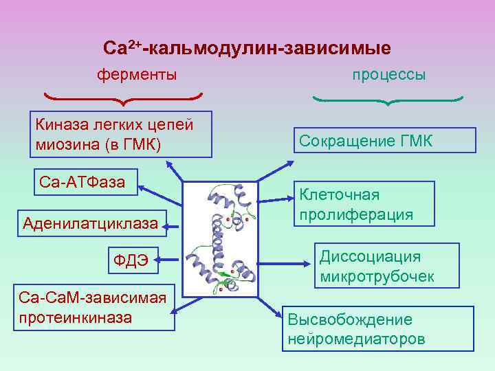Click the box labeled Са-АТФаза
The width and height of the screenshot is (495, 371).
82,183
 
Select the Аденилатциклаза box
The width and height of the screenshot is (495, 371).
90,223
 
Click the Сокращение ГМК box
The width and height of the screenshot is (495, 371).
384,141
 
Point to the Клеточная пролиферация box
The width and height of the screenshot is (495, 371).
365,204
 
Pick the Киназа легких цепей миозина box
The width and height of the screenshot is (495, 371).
120,134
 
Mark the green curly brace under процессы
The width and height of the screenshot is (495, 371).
388,100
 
